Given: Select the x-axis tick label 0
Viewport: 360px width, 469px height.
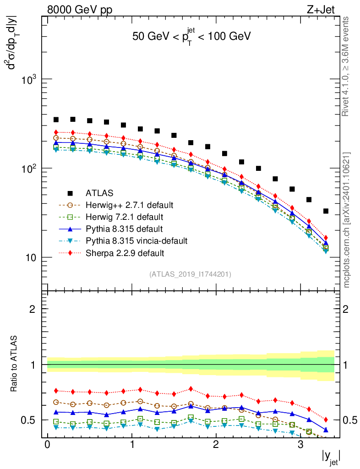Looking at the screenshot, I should pos(47,444).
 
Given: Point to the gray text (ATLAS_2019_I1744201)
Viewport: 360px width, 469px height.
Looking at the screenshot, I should pos(190,274).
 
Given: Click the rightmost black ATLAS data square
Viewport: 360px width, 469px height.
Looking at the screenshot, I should pos(326,211).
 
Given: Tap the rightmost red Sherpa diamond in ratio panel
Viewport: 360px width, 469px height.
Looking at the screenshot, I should pos(326,420).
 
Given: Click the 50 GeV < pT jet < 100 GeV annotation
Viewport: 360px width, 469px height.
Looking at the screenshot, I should pos(191,37).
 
